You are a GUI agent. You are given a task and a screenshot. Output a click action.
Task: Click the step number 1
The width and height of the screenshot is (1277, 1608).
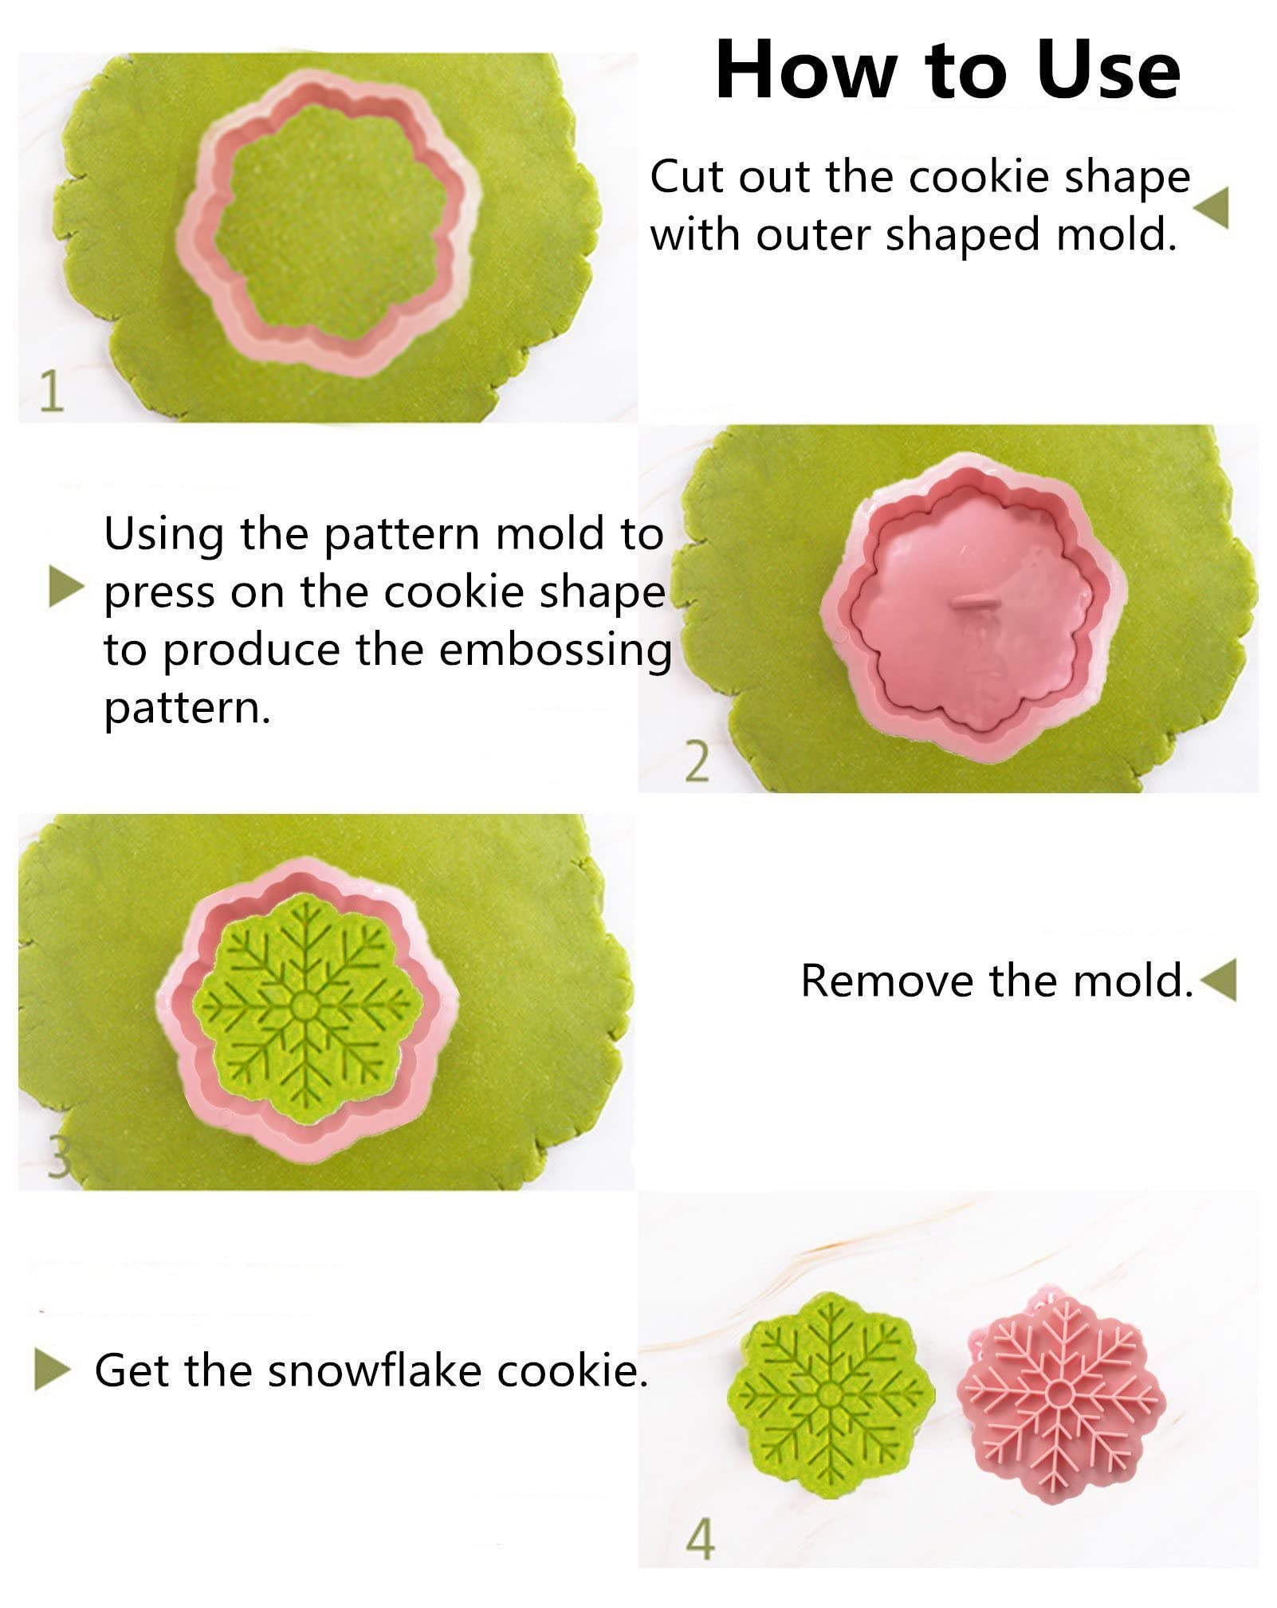pyautogui.click(x=51, y=391)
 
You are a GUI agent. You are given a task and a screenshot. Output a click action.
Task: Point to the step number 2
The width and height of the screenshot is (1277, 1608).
pyautogui.click(x=697, y=762)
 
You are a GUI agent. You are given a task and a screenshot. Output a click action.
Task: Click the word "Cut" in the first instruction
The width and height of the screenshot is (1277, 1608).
pyautogui.click(x=687, y=176)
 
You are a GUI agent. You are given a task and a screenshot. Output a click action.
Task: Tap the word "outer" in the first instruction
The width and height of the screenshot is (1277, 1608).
pyautogui.click(x=813, y=234)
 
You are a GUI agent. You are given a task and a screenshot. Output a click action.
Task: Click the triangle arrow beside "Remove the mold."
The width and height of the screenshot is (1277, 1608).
pyautogui.click(x=1217, y=981)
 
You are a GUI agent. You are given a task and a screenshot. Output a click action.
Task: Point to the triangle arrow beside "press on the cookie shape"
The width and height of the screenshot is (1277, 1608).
pyautogui.click(x=66, y=589)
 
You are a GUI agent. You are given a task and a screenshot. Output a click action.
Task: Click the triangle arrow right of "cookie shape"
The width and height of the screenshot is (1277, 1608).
pyautogui.click(x=1211, y=209)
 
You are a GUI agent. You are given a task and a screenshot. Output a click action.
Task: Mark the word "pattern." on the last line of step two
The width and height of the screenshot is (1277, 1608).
pyautogui.click(x=187, y=708)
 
